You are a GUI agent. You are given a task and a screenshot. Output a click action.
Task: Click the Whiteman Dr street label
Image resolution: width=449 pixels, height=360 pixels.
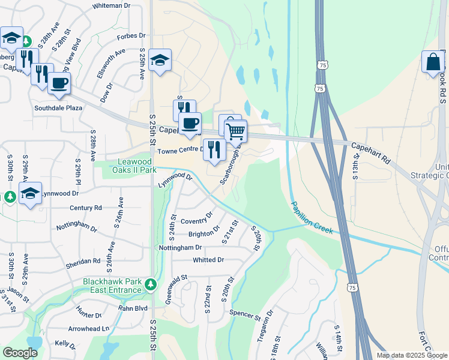111,5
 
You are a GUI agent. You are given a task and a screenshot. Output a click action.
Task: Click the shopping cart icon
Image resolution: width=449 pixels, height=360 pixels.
236,130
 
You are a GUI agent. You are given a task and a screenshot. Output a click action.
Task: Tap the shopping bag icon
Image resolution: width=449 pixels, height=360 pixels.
432,62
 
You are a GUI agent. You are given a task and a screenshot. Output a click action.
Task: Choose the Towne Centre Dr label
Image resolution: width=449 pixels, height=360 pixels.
179,149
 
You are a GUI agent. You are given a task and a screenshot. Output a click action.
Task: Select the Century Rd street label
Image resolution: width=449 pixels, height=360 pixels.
86,208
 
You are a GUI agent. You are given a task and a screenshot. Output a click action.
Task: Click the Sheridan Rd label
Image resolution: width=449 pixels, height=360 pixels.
83,261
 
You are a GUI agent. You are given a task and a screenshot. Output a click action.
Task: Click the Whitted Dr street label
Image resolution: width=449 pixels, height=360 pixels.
208,260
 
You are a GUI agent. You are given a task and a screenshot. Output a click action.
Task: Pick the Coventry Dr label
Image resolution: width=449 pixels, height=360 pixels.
196,218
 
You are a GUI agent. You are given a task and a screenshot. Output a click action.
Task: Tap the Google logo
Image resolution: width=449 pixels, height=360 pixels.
20,353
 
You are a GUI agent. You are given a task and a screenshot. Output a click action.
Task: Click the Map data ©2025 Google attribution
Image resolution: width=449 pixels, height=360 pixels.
412,355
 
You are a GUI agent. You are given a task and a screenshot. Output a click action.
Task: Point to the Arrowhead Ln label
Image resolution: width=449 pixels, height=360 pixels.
89,329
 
